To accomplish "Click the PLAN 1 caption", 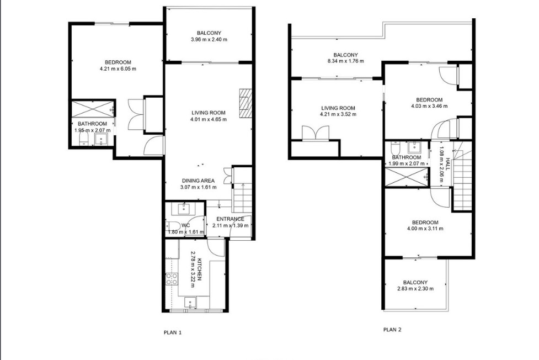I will pyautogui.click(x=173, y=332).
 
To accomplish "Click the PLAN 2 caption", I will pyautogui.click(x=392, y=330).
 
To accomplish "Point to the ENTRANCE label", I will pyautogui.click(x=230, y=219).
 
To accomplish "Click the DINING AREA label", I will pyautogui.click(x=198, y=181).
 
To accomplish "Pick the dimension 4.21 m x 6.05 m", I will pyautogui.click(x=118, y=69).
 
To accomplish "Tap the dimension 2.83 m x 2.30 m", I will pyautogui.click(x=415, y=288).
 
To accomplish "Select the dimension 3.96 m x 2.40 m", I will pyautogui.click(x=209, y=40).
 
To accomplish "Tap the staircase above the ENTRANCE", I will pyautogui.click(x=241, y=198).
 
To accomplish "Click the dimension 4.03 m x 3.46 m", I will pyautogui.click(x=429, y=106).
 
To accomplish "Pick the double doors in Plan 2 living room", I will pyautogui.click(x=316, y=133).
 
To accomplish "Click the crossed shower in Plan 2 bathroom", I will pyautogui.click(x=407, y=177).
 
